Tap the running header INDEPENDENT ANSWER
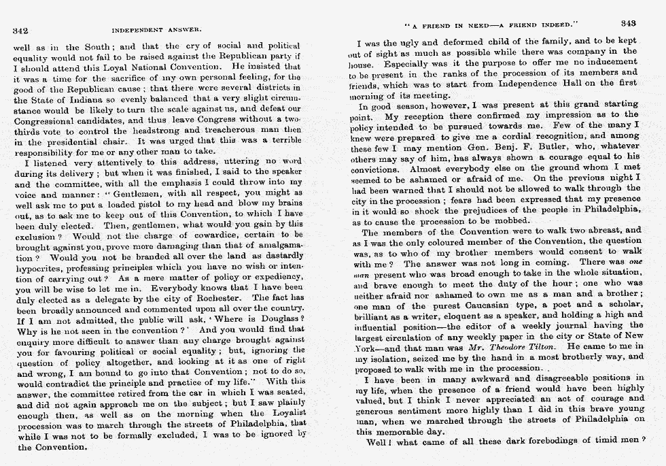(157, 31)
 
